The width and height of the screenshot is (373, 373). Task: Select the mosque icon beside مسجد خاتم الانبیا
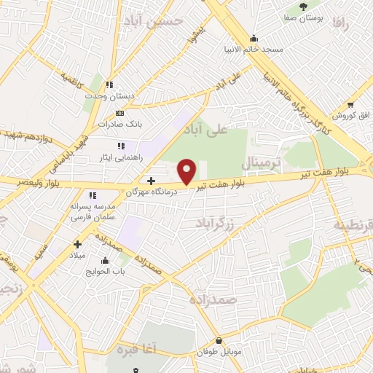(253, 39)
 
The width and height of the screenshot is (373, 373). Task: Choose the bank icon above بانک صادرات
(120, 113)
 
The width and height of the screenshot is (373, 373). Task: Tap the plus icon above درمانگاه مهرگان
(151, 181)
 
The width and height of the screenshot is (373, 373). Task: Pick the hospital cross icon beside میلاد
(76, 245)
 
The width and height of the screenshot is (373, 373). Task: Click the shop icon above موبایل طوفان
(219, 340)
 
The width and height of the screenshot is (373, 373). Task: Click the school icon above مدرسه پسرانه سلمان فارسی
(92, 195)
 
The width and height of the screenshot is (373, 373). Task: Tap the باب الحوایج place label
(109, 272)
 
